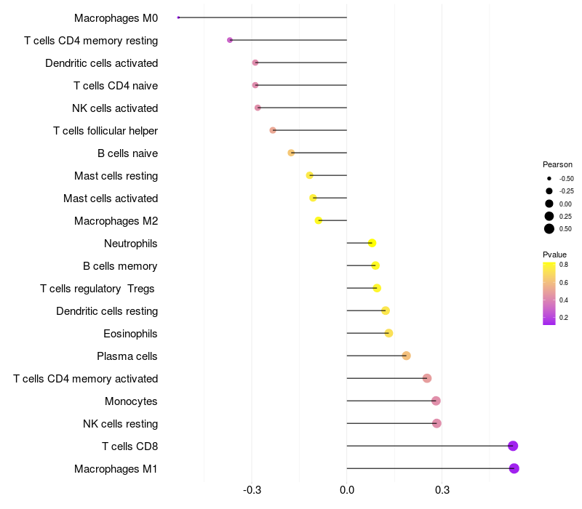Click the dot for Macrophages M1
tap(514, 468)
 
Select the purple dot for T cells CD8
tap(513, 446)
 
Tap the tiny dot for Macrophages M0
tap(178, 17)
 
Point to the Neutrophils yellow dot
tap(372, 243)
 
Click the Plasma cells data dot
tap(407, 356)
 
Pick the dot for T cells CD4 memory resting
tap(230, 40)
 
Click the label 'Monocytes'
tap(131, 401)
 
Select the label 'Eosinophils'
tap(131, 334)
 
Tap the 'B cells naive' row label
tap(127, 153)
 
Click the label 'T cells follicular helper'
tap(105, 131)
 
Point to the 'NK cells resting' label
tap(120, 424)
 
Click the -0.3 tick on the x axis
tap(252, 491)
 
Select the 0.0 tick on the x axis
tap(347, 491)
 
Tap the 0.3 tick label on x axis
tap(442, 491)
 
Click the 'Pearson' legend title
tap(557, 164)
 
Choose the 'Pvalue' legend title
tap(554, 254)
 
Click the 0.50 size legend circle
tap(549, 229)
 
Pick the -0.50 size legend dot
tap(549, 178)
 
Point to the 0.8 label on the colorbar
tap(564, 265)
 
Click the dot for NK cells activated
tap(258, 108)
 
